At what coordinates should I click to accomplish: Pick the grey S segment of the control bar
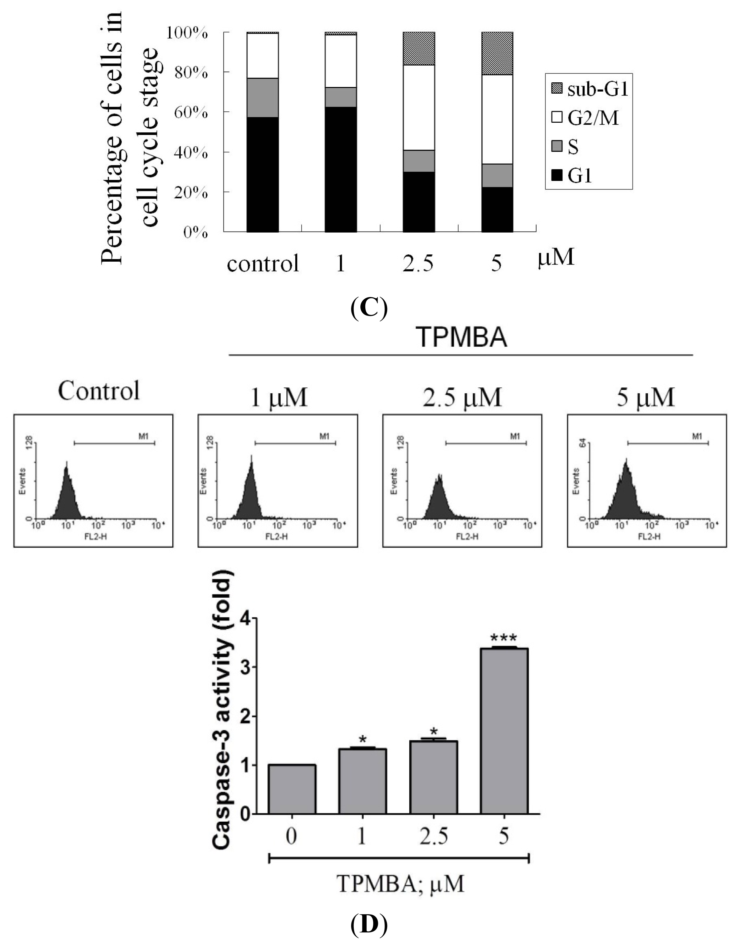tap(263, 97)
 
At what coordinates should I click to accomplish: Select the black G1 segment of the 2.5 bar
tap(419, 202)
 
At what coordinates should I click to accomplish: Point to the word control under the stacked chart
tap(263, 263)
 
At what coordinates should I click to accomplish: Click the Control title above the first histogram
tap(99, 390)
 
